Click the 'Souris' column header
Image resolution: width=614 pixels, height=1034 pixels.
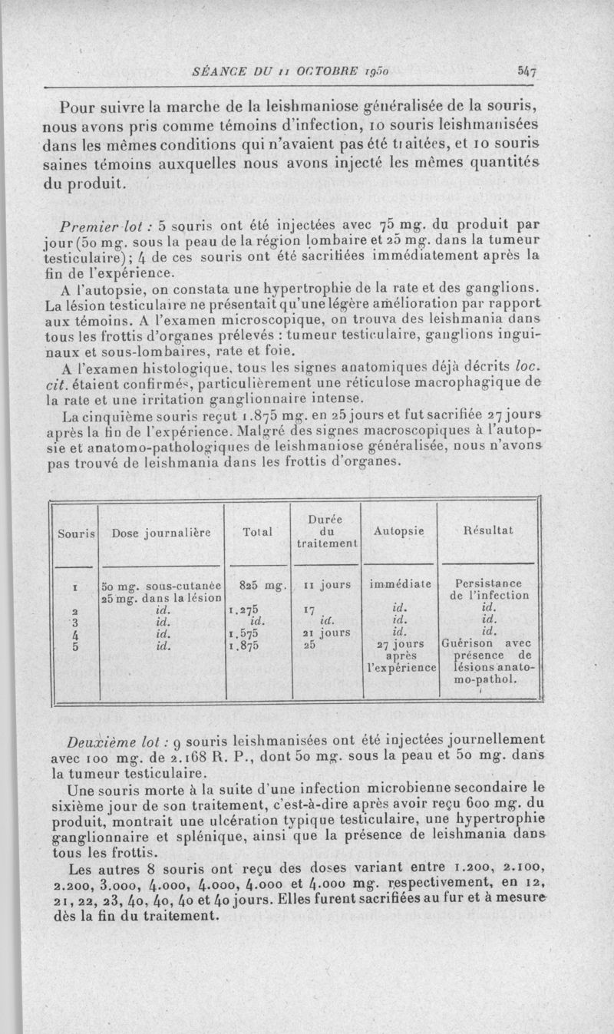(x=74, y=530)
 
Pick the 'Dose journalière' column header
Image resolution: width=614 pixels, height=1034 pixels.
(x=161, y=531)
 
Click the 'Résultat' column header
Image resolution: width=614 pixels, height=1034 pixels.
(x=488, y=530)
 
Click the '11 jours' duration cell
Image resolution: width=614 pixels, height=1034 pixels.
(x=326, y=584)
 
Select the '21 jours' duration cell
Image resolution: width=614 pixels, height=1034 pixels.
(x=326, y=633)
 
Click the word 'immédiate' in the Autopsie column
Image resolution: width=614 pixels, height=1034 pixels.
(x=398, y=584)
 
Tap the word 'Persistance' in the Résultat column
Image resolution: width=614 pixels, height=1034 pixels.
(x=489, y=583)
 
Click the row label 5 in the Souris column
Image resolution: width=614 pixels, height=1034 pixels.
(x=74, y=646)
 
